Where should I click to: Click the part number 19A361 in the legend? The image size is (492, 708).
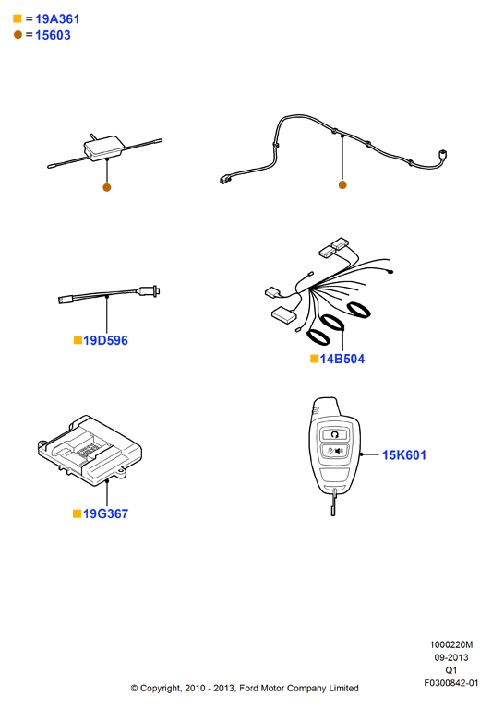[x=57, y=19]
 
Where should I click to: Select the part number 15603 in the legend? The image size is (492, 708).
[x=53, y=35]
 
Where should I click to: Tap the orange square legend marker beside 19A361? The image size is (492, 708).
[x=18, y=18]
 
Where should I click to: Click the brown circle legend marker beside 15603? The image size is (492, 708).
[x=18, y=35]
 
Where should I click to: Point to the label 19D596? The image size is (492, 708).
[x=105, y=340]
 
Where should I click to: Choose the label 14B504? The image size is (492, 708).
[x=342, y=359]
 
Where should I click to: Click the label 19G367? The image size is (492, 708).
[x=105, y=513]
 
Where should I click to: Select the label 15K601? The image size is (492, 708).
[x=404, y=455]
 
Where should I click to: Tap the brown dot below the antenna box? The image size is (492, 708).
[x=107, y=187]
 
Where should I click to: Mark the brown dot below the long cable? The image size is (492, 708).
[x=342, y=184]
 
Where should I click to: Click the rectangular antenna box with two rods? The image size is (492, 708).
[x=104, y=147]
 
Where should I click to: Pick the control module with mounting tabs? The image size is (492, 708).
[x=90, y=450]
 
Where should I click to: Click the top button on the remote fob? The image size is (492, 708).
[x=335, y=435]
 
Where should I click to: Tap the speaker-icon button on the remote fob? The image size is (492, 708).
[x=334, y=451]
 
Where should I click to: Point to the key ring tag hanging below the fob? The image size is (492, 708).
[x=333, y=504]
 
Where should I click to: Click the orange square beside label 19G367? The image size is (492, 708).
[x=77, y=513]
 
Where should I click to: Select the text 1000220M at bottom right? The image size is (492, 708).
[x=450, y=644]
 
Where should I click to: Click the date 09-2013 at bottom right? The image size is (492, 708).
[x=451, y=657]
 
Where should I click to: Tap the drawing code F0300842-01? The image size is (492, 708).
[x=450, y=683]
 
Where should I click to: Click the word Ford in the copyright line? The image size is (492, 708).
[x=248, y=688]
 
